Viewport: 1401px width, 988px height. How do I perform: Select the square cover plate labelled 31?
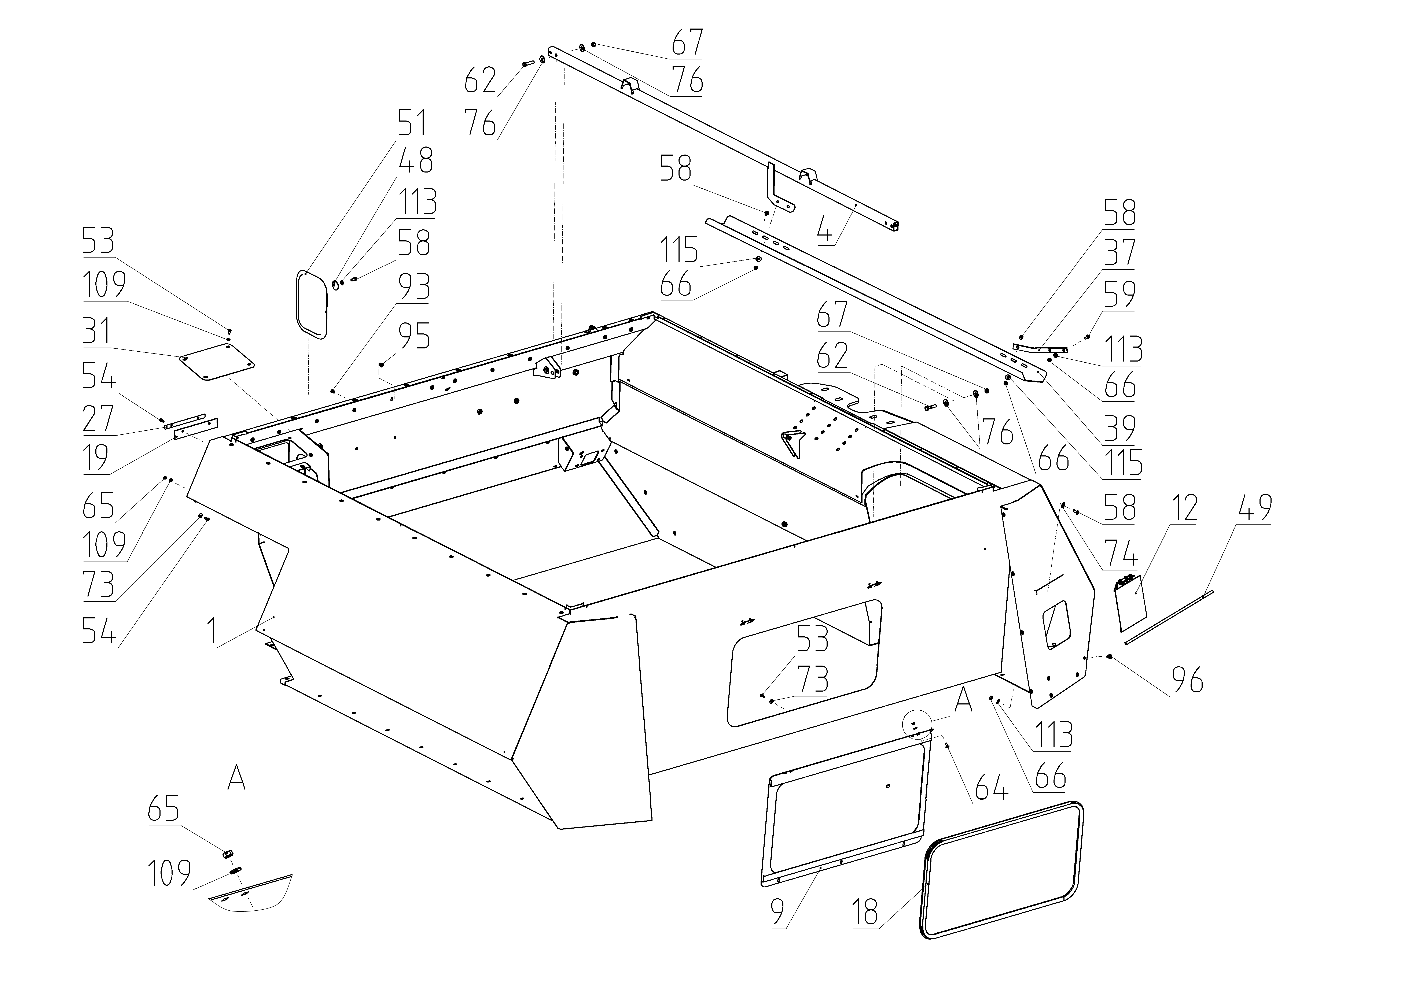pyautogui.click(x=217, y=362)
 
